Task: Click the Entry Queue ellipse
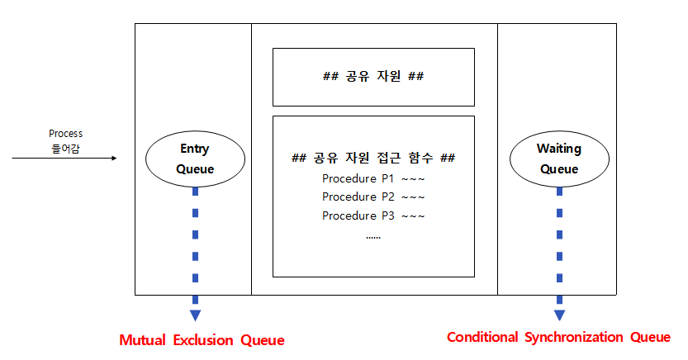(195, 159)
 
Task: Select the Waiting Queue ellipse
(559, 159)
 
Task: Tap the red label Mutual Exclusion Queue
(202, 340)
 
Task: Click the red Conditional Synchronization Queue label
(558, 337)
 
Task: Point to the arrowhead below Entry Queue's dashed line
(195, 315)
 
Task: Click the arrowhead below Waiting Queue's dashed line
(559, 315)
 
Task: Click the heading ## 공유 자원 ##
(373, 77)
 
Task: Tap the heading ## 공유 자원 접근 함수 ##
(373, 158)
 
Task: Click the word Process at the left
(66, 134)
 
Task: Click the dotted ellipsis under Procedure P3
(373, 236)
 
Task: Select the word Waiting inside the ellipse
(559, 149)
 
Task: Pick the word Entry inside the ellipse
(195, 149)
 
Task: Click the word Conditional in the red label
(482, 337)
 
